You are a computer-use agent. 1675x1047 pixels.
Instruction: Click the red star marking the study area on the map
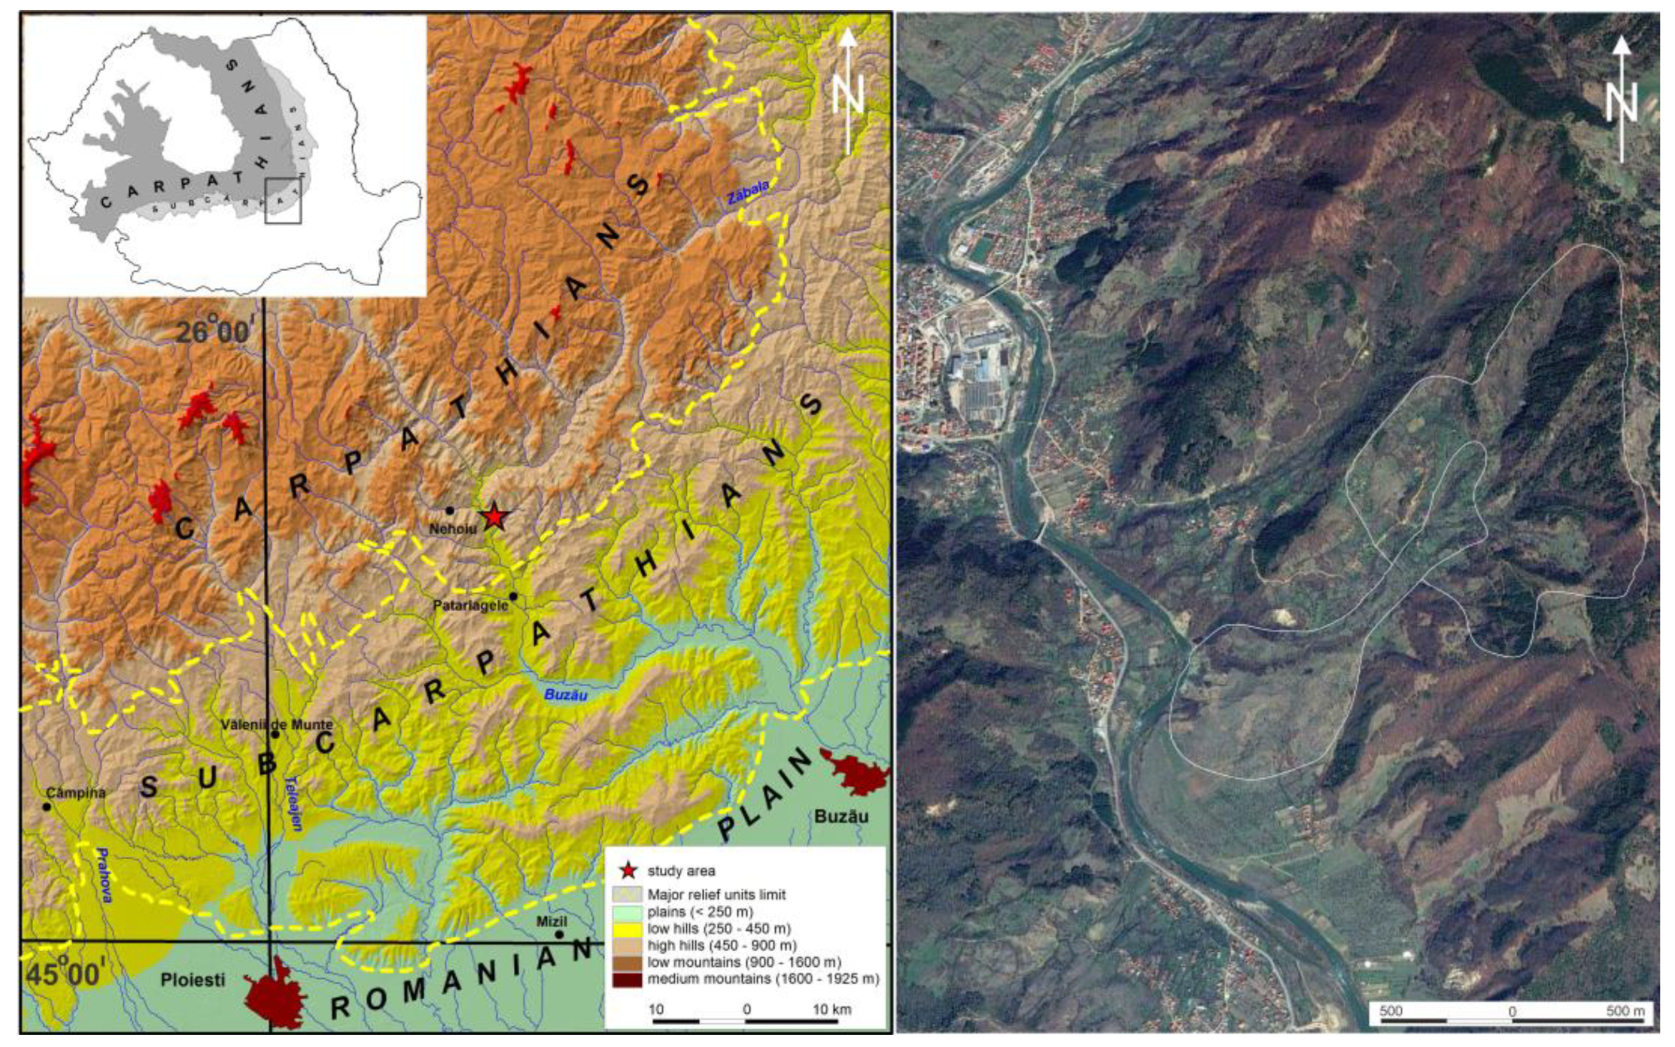[494, 517]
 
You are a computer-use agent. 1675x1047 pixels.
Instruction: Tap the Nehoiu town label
[453, 529]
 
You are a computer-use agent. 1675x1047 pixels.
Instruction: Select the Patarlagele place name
[471, 605]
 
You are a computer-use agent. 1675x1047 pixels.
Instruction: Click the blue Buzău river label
[566, 694]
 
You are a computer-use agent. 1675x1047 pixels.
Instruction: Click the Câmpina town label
[76, 793]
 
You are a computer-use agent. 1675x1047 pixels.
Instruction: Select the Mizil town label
[551, 922]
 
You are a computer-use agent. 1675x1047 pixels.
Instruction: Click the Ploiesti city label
[193, 980]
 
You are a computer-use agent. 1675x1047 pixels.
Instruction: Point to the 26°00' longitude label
[212, 333]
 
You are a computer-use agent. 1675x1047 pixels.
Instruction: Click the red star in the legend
[628, 870]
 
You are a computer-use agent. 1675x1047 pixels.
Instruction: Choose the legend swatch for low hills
[627, 928]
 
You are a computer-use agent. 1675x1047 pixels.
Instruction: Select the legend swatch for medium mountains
[627, 979]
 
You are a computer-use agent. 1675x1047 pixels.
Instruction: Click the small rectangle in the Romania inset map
[283, 201]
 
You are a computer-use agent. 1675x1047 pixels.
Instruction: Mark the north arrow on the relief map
[848, 90]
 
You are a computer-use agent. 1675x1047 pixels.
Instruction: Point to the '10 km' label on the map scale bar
[832, 1009]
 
